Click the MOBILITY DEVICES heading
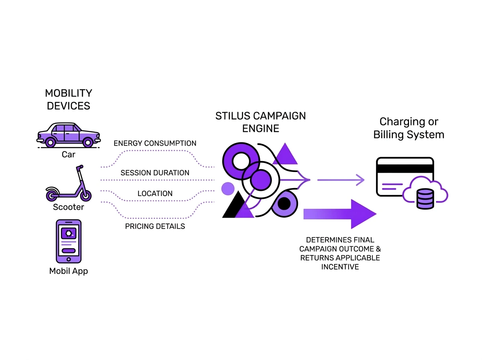pyautogui.click(x=68, y=99)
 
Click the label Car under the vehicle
pyautogui.click(x=68, y=154)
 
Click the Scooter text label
pyautogui.click(x=68, y=207)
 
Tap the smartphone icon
pyautogui.click(x=68, y=241)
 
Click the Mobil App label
pyautogui.click(x=68, y=271)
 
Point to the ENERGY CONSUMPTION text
pyautogui.click(x=155, y=143)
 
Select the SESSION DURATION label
pyautogui.click(x=155, y=173)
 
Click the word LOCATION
pyautogui.click(x=155, y=194)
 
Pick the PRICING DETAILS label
pyautogui.click(x=155, y=227)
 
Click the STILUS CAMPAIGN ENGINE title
pyautogui.click(x=260, y=122)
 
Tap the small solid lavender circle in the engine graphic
pyautogui.click(x=228, y=188)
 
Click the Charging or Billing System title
pyautogui.click(x=408, y=128)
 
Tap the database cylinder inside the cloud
pyautogui.click(x=425, y=199)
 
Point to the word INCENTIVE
pyautogui.click(x=340, y=267)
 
